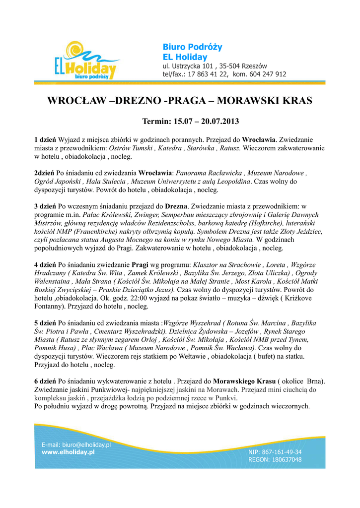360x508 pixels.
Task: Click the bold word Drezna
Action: [x=176, y=205]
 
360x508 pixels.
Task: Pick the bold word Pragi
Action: [x=142, y=264]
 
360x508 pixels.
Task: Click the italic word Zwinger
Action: [x=144, y=214]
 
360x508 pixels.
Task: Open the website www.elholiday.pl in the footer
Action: [x=68, y=452]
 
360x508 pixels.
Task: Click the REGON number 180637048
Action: [x=287, y=460]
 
